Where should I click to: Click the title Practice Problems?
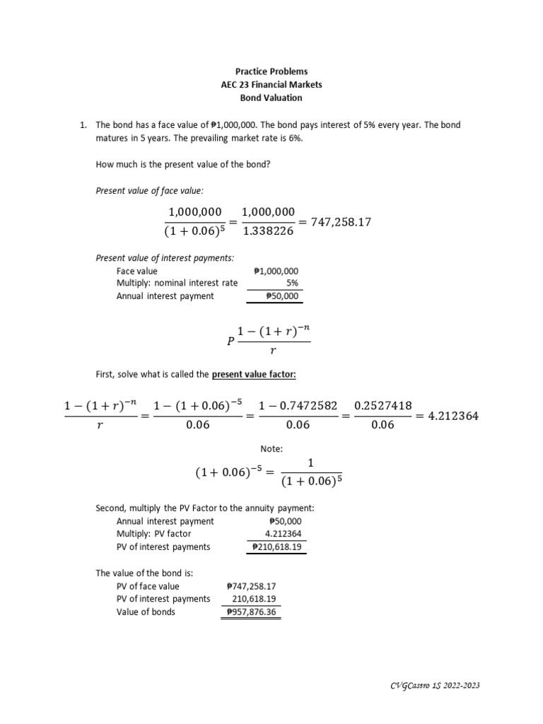[x=271, y=71]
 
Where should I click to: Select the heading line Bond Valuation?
[x=271, y=98]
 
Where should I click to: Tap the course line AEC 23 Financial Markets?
[x=271, y=85]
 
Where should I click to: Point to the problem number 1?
[x=83, y=125]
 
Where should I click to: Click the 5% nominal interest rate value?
[x=293, y=284]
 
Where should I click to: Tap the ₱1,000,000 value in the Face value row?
[x=276, y=271]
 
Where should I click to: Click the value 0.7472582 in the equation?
[x=298, y=405]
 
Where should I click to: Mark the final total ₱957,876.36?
[x=251, y=612]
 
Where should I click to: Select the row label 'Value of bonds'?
[x=146, y=612]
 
